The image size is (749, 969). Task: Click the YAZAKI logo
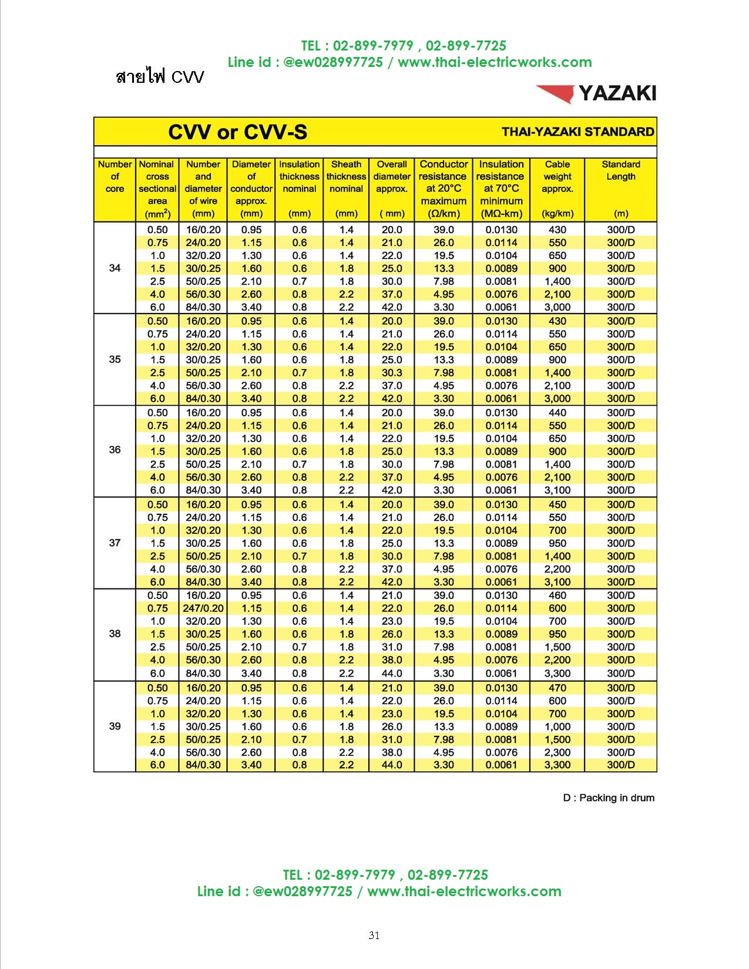[x=596, y=93]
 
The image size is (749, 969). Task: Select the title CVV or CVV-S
[x=237, y=132]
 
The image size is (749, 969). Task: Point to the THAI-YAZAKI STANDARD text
[x=577, y=132]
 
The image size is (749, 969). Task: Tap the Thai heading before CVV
[x=141, y=77]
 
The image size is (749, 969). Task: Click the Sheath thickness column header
[x=346, y=188]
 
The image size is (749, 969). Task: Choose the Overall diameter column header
[x=392, y=188]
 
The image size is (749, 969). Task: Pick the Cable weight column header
[x=557, y=188]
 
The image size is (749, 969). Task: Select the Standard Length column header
[x=621, y=188]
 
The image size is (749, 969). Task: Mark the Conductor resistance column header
[x=444, y=188]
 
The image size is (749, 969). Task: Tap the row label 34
[x=115, y=268]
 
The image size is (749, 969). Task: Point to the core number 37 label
[x=115, y=543]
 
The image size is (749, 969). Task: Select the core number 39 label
[x=115, y=726]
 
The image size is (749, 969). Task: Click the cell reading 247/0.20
[x=203, y=608]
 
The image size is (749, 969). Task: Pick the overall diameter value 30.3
[x=392, y=373]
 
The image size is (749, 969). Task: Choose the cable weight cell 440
[x=557, y=413]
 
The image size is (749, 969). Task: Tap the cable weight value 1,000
[x=557, y=726]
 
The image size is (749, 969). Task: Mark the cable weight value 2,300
[x=557, y=752]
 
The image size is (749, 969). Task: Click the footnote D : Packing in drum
[x=609, y=798]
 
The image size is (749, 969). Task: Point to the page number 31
[x=374, y=936]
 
